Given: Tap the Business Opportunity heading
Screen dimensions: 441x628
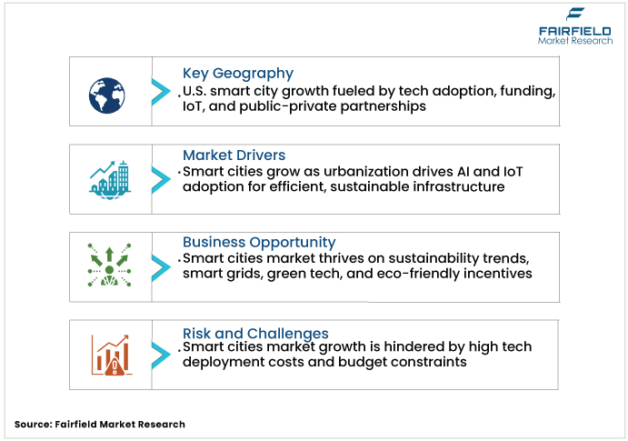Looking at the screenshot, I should (x=259, y=242).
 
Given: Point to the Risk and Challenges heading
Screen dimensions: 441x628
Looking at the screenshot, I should (x=255, y=333).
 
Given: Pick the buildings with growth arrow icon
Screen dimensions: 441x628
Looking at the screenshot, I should (x=108, y=178).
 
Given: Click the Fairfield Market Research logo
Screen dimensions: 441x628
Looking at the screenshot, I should (x=573, y=26).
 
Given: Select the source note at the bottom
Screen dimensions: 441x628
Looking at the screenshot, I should (x=100, y=424).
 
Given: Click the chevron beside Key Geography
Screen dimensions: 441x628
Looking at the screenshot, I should (x=160, y=91).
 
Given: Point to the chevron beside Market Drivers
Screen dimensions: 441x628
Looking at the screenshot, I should (x=160, y=177).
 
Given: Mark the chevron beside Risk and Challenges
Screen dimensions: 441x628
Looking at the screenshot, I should (x=160, y=354).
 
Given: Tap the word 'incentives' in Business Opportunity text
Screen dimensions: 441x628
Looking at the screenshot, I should (x=497, y=273).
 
